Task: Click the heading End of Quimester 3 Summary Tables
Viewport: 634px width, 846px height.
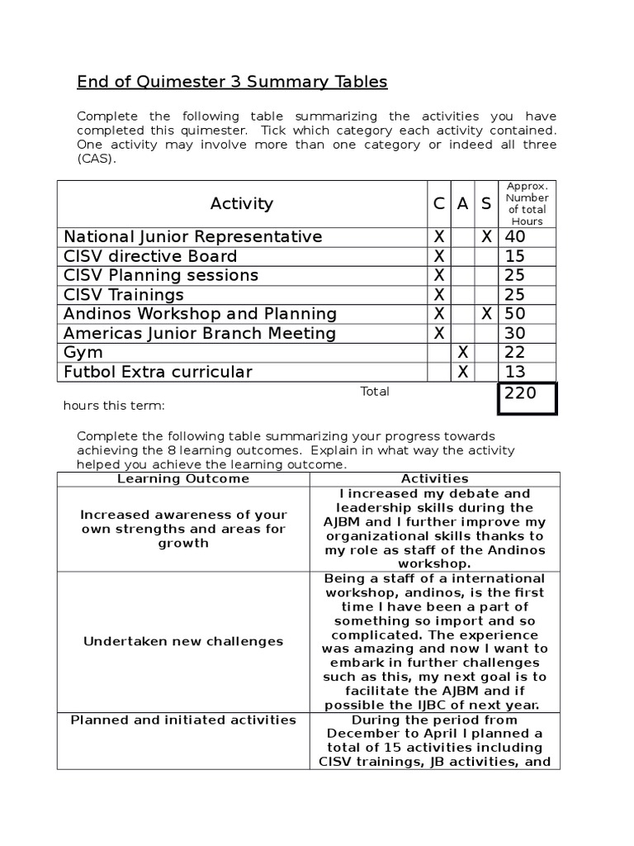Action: click(232, 82)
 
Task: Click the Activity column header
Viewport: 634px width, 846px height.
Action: click(241, 203)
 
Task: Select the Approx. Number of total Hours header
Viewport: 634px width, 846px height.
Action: click(527, 203)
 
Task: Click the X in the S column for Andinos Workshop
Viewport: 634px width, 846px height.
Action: click(487, 314)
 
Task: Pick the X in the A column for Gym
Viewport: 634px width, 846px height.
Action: click(463, 353)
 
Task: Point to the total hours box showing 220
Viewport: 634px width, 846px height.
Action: click(526, 397)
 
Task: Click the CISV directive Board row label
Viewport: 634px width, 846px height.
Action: click(150, 256)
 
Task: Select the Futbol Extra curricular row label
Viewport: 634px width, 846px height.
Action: click(158, 372)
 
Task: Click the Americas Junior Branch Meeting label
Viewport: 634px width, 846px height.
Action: click(200, 334)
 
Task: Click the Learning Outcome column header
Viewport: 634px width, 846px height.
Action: click(182, 479)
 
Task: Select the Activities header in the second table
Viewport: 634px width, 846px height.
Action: click(434, 479)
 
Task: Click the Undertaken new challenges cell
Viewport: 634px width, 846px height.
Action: click(182, 641)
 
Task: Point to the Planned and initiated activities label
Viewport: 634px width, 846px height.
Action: click(182, 720)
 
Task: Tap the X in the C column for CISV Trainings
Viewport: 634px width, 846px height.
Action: click(439, 295)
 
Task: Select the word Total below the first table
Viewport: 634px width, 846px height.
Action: click(375, 392)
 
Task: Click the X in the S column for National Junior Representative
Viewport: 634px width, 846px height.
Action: click(487, 237)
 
